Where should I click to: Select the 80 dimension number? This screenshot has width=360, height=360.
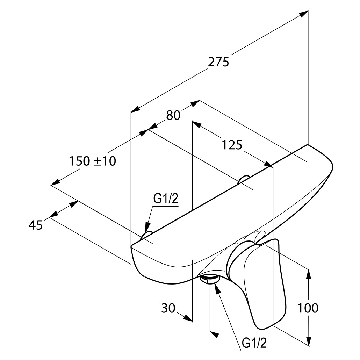point(173,115)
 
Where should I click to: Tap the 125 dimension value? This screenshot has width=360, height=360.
point(232,144)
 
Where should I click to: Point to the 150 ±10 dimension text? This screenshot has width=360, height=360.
point(92,161)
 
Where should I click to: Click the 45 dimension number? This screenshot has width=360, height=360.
point(35,225)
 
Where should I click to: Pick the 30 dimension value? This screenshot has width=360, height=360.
point(168,308)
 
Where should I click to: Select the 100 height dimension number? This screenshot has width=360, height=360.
point(308,308)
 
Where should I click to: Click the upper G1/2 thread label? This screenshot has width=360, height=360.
point(166,199)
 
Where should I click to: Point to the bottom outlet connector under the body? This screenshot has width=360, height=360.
point(209,279)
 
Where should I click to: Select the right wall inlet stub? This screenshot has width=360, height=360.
point(243,180)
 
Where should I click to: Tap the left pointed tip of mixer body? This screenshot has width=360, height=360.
point(132,247)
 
